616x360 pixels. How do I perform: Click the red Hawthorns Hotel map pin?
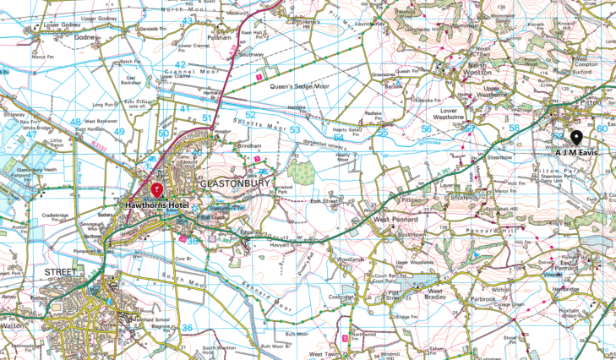coord(156,188)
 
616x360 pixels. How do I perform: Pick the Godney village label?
coord(87,37)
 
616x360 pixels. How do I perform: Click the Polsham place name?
coord(216,37)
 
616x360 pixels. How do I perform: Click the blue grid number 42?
coord(179,64)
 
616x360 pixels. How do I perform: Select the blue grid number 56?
coord(426,128)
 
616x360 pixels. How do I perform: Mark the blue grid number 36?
coord(187,328)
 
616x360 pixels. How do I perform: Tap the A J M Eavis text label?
coord(576,152)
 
